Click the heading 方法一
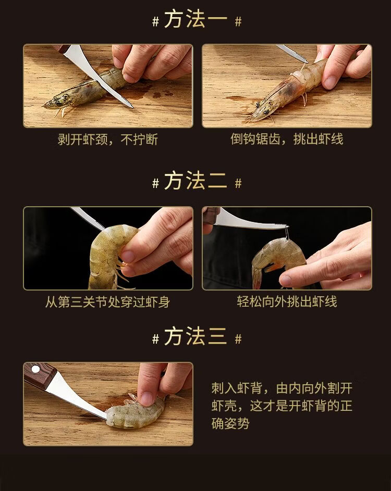click(195, 19)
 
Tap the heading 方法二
click(195, 181)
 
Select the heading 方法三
click(195, 336)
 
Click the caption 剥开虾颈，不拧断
click(107, 140)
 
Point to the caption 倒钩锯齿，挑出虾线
click(287, 139)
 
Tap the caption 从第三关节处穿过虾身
click(107, 302)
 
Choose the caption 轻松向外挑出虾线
click(287, 301)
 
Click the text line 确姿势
click(230, 424)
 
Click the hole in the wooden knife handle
click(35, 370)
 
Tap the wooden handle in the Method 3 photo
click(39, 375)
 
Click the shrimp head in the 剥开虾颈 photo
click(58, 102)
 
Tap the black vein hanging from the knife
click(287, 233)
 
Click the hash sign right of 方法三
click(238, 339)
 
